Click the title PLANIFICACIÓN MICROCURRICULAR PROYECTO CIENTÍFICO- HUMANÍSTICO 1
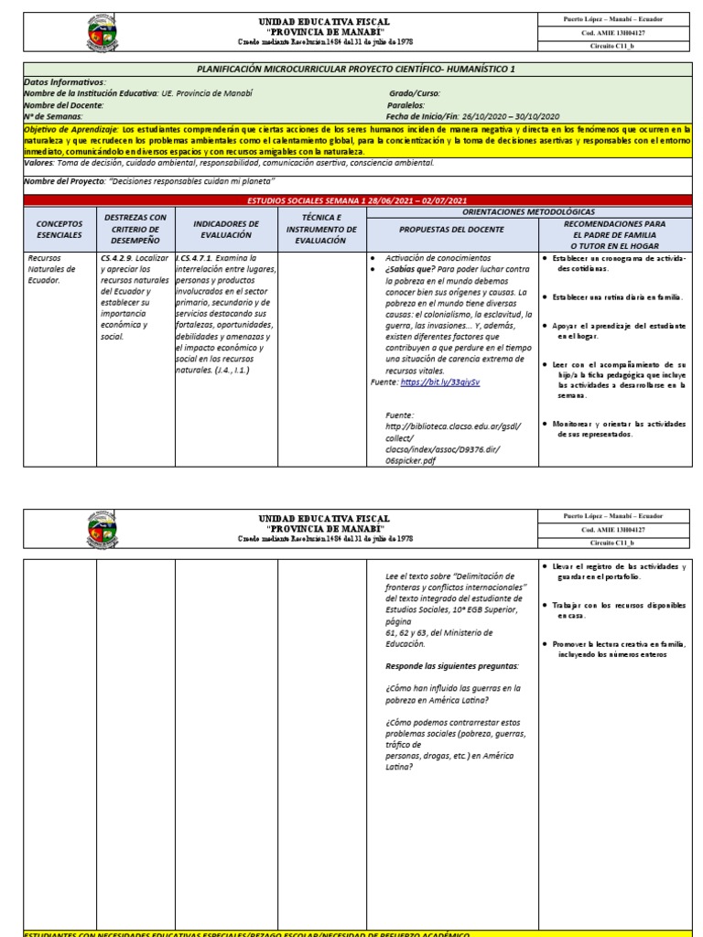coord(356,69)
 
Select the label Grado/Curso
coord(415,93)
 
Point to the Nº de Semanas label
coord(53,116)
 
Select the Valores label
coord(39,163)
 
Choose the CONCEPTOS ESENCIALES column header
coord(59,229)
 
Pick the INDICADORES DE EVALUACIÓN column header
coord(226,229)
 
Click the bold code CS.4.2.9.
coord(121,258)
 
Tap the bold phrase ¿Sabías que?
coord(408,270)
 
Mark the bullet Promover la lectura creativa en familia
coord(624,643)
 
